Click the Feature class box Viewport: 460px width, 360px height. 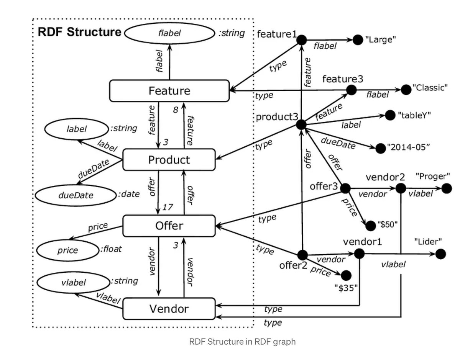pyautogui.click(x=169, y=91)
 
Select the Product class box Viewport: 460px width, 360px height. pyautogui.click(x=169, y=160)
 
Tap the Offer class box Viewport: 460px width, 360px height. pyautogui.click(x=169, y=226)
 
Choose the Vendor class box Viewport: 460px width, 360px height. pyautogui.click(x=169, y=308)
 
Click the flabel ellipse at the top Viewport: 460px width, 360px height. pyautogui.click(x=169, y=33)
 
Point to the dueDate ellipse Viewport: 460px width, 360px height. pyautogui.click(x=76, y=195)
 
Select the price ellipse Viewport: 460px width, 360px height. pyautogui.click(x=68, y=250)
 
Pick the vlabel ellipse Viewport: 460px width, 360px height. pyautogui.click(x=73, y=283)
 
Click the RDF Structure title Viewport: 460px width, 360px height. pyautogui.click(x=79, y=32)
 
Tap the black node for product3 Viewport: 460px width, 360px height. pyautogui.click(x=301, y=124)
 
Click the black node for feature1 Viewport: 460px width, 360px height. pyautogui.click(x=302, y=39)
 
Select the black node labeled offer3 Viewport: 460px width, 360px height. pyautogui.click(x=345, y=188)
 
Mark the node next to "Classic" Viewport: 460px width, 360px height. pyautogui.click(x=406, y=90)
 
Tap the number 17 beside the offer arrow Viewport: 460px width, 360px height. pyautogui.click(x=168, y=207)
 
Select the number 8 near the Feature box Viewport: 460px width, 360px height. pyautogui.click(x=176, y=110)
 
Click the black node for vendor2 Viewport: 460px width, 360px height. pyautogui.click(x=401, y=188)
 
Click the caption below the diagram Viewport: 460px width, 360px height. pyautogui.click(x=242, y=341)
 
